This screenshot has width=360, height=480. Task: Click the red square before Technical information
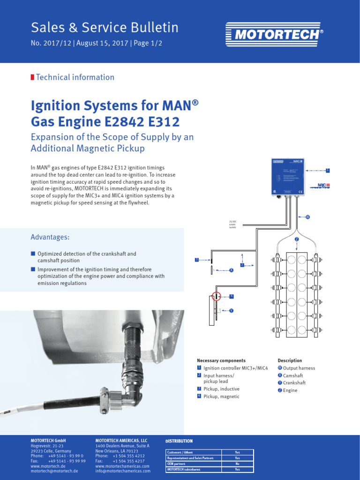pos(32,77)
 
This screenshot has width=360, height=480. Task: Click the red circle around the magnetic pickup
pos(216,296)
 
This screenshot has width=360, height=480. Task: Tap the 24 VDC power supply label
pos(233,224)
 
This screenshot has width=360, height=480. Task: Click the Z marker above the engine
pos(297,239)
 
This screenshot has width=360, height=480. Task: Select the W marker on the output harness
pos(307,217)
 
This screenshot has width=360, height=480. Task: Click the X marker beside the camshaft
pos(232,270)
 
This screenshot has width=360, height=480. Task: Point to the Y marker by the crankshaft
pos(232,310)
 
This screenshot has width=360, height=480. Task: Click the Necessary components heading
pos(221,360)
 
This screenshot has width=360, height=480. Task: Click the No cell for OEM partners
pos(237,463)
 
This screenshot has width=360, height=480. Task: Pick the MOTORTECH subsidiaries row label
pos(184,469)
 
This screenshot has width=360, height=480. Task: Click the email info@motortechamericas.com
pos(123,471)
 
